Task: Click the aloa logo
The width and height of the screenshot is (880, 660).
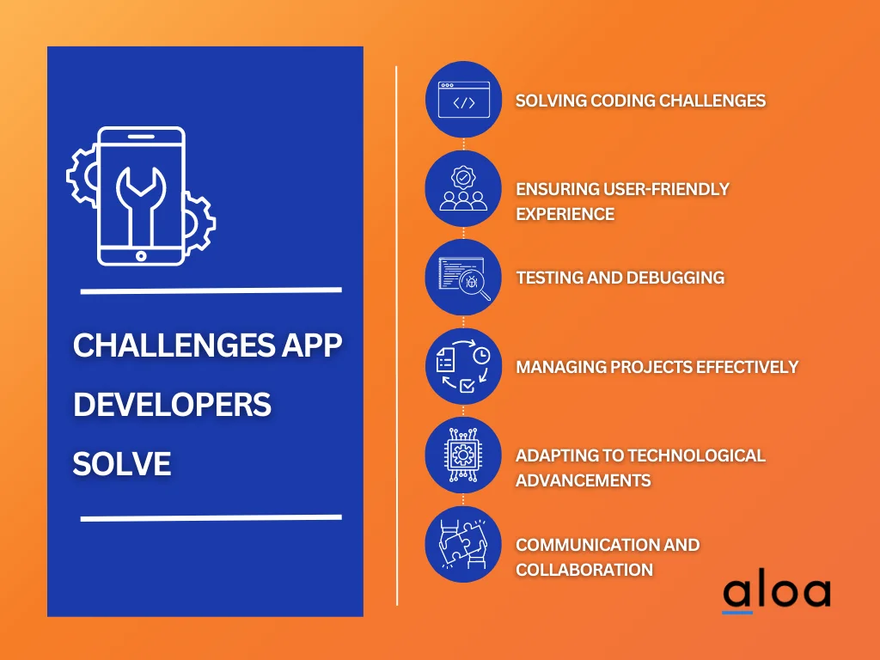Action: [x=776, y=593]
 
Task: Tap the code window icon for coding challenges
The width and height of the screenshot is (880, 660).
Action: [x=463, y=100]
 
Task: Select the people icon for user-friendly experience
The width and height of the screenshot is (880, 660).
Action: [x=463, y=189]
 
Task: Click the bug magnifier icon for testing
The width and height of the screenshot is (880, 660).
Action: [x=463, y=278]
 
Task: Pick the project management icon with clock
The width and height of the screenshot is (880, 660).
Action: [x=463, y=367]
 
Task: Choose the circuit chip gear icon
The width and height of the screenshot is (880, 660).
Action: [x=463, y=455]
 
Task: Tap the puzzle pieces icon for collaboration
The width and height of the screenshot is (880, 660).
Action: [x=463, y=545]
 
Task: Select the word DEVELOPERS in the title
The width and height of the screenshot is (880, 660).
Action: [x=172, y=405]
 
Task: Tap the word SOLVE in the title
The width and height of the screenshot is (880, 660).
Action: [x=122, y=464]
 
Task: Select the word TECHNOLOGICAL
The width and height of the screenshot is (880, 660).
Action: [x=696, y=455]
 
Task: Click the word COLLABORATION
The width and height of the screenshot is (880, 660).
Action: [x=584, y=569]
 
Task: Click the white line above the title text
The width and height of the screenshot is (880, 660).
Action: [x=211, y=290]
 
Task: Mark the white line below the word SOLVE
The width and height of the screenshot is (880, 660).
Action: [x=211, y=518]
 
